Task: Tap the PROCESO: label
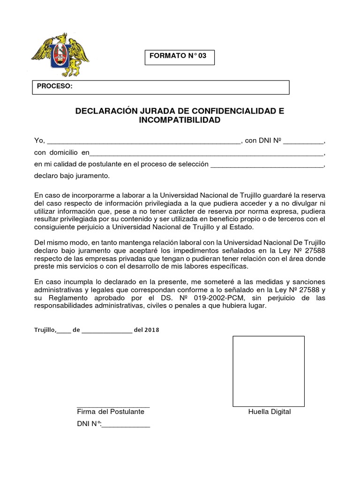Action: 54,87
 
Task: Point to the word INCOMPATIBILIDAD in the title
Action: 180,120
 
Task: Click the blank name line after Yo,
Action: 143,141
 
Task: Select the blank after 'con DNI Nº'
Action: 303,141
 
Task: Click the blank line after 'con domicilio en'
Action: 206,153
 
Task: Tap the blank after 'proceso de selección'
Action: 267,165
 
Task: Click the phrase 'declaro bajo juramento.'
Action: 72,176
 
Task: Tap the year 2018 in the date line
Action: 152,330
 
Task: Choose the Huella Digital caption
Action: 270,412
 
